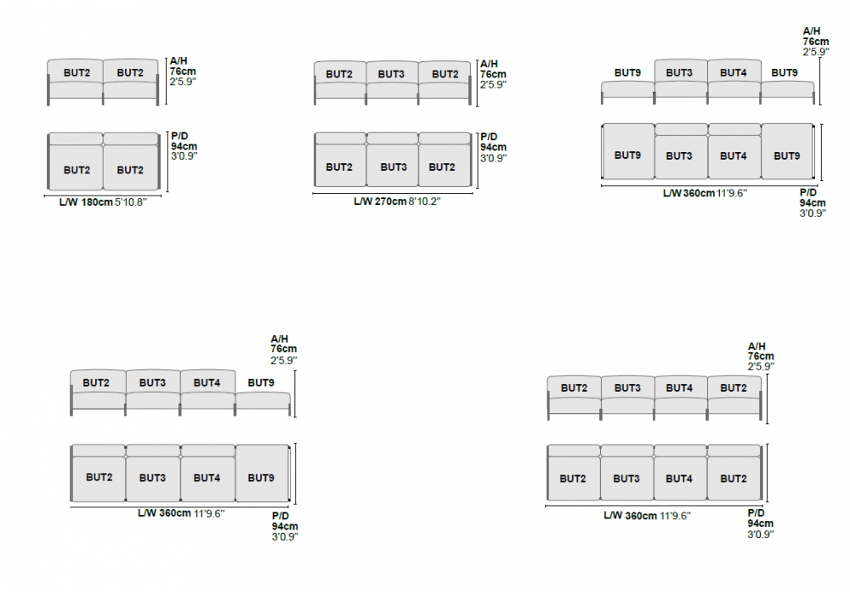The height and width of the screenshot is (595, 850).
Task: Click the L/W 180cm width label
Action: [101, 202]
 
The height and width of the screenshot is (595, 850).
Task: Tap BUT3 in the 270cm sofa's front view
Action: [391, 74]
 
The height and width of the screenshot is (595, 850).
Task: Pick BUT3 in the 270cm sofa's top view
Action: [393, 167]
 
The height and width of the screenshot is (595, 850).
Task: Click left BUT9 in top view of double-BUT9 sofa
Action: [627, 156]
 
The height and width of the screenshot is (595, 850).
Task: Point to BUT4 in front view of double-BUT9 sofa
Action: [733, 73]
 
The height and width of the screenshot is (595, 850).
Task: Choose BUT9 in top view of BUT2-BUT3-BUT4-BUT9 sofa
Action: [261, 478]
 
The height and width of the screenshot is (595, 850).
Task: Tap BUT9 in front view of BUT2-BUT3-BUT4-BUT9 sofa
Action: [261, 383]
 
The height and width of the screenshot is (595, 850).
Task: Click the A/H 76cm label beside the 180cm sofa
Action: [183, 72]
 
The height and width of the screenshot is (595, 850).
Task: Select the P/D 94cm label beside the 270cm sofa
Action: [493, 147]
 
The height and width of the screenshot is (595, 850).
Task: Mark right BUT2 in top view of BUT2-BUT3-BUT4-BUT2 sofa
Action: [733, 479]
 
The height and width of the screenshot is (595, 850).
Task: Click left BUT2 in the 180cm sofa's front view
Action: [76, 73]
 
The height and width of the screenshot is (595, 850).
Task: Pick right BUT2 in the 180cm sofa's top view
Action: [130, 170]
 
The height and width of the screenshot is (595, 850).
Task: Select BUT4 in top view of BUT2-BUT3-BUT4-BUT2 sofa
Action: [679, 479]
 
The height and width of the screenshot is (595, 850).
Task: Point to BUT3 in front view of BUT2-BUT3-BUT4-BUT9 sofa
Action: [152, 383]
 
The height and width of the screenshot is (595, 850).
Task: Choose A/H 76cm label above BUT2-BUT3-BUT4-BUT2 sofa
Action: [761, 356]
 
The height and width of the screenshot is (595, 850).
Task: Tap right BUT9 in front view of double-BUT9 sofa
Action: [785, 73]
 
